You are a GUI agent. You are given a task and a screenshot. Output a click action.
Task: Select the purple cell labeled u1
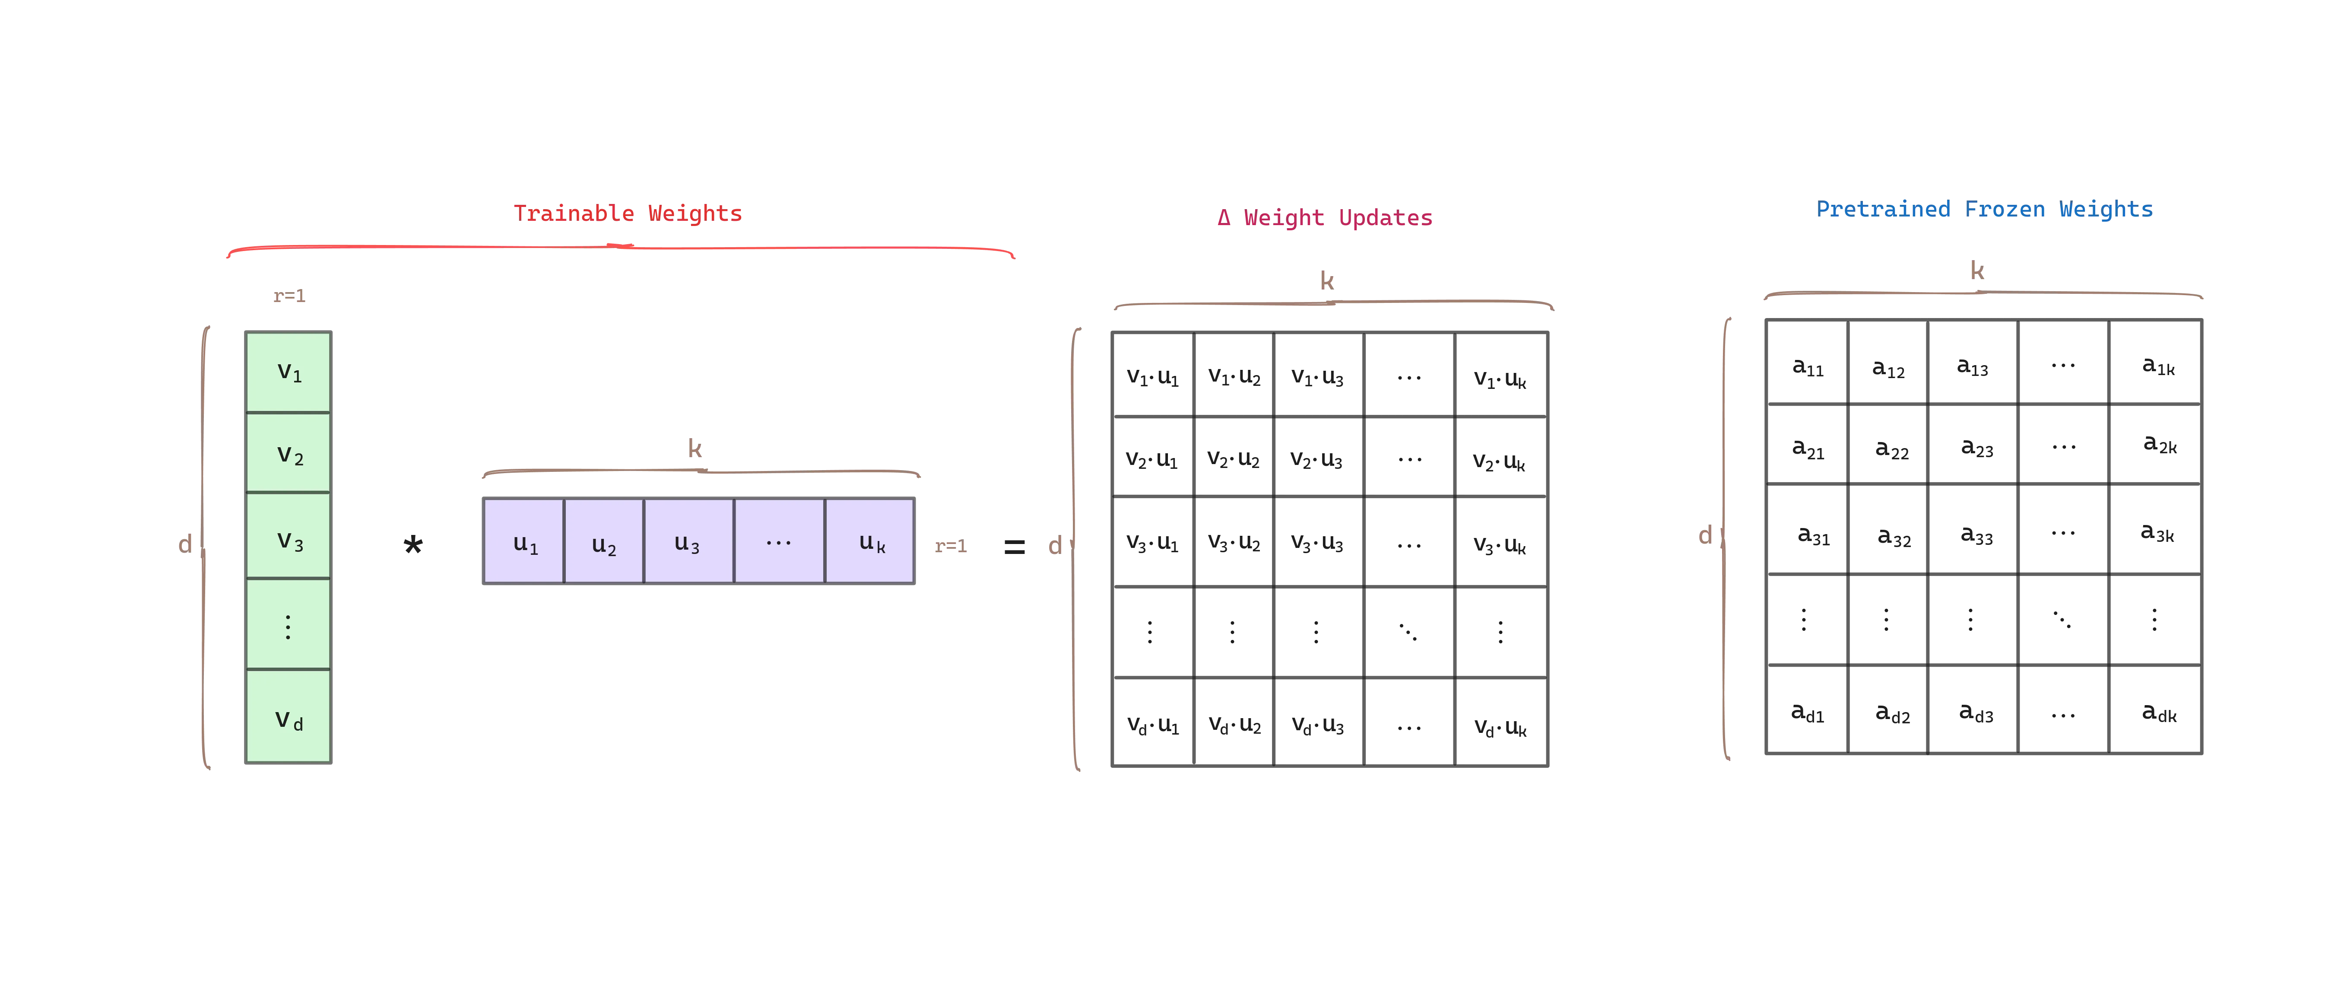coord(524,541)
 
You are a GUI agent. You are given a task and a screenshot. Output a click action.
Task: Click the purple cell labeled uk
coord(870,541)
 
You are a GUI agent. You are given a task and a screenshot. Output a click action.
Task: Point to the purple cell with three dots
coord(779,541)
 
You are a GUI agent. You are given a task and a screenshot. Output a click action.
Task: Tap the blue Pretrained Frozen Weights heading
coord(1984,209)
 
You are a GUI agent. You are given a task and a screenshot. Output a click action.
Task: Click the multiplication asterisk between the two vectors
coord(412,544)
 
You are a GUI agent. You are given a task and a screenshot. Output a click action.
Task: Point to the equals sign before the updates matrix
coord(1013,546)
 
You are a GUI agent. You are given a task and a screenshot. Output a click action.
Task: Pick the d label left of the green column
coord(184,544)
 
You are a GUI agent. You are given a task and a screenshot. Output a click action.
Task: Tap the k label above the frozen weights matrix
coord(1977,270)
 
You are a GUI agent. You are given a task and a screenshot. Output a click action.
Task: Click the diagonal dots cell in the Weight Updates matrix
coord(1408,632)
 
